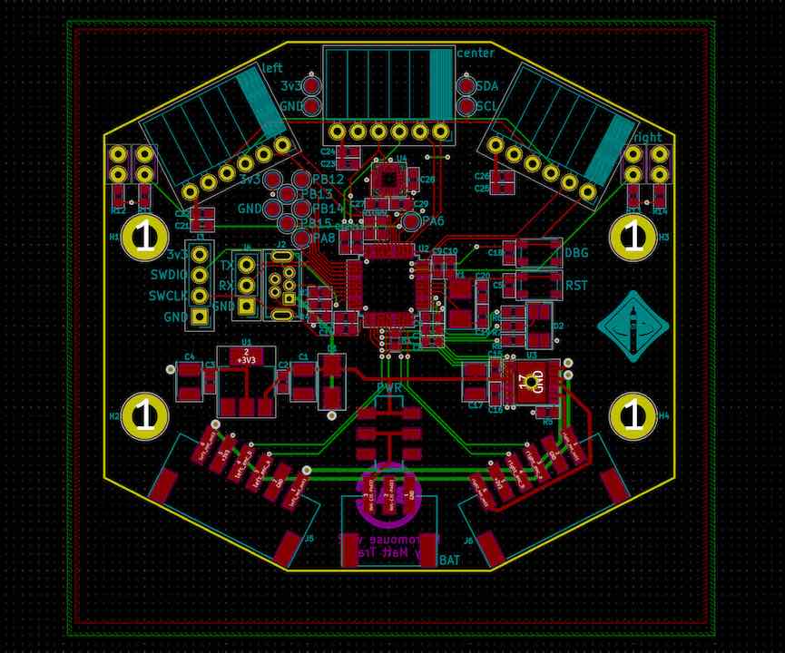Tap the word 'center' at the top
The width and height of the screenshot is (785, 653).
[x=476, y=54]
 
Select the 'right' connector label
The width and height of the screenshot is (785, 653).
[x=647, y=137]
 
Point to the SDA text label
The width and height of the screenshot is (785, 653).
[x=487, y=86]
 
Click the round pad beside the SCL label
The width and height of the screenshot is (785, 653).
[x=466, y=106]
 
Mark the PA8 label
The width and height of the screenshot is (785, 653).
[x=324, y=238]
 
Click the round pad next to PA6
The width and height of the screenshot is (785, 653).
[x=411, y=221]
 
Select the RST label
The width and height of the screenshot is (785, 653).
[x=576, y=286]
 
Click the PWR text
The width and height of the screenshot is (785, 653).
[x=389, y=388]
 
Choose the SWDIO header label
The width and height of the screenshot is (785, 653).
[x=167, y=275]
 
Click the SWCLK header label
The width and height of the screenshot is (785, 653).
[x=167, y=296]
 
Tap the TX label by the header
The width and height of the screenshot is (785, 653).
[x=226, y=266]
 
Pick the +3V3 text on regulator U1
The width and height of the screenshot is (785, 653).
[x=245, y=360]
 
